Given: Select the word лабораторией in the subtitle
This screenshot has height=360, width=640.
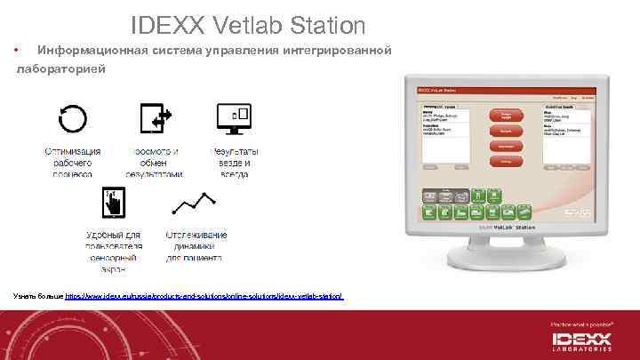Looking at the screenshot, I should [x=63, y=68].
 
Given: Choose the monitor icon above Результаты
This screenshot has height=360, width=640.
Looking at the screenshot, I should [x=236, y=118].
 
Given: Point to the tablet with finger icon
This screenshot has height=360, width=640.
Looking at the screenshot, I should [x=114, y=204].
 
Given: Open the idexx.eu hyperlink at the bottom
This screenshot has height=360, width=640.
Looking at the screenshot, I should [x=204, y=294].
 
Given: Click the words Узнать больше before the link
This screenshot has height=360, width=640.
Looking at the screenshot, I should [x=38, y=294].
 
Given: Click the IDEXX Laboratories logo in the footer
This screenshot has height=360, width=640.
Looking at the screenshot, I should [x=582, y=341].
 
